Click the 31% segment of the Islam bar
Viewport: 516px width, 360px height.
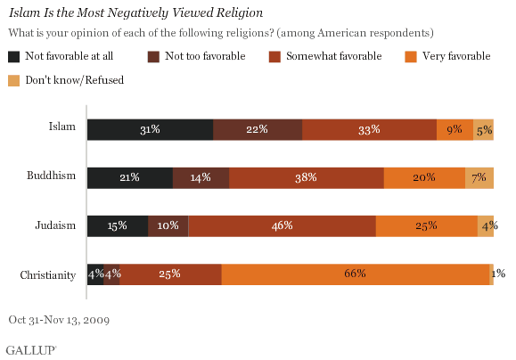(x=150, y=129)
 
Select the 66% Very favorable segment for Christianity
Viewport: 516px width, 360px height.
(x=356, y=274)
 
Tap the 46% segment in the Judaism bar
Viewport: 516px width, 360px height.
(x=282, y=226)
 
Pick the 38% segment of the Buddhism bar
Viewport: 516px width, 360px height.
(x=306, y=177)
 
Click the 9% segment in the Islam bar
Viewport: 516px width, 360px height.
(x=455, y=129)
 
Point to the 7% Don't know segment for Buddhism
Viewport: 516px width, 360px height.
(x=479, y=177)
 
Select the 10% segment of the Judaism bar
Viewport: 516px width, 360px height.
(x=168, y=226)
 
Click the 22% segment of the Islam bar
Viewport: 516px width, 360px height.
(x=258, y=129)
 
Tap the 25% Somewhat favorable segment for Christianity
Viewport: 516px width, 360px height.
(x=171, y=274)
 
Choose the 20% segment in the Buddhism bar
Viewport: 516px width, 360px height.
(x=424, y=177)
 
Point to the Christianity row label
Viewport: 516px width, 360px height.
(x=48, y=274)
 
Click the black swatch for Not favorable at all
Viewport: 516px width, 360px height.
(x=14, y=56)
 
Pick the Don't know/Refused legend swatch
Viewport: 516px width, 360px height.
(x=14, y=80)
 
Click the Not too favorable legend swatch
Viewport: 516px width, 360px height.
(x=154, y=56)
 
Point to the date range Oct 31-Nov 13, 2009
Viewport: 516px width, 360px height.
(x=58, y=318)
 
